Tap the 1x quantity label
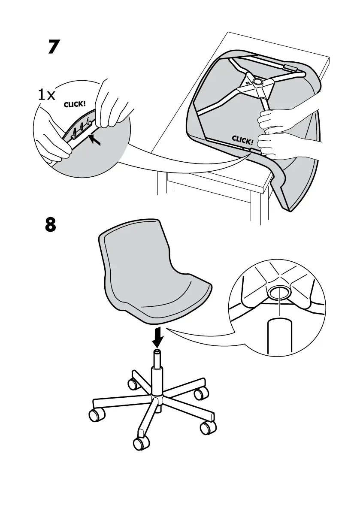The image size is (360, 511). (46, 95)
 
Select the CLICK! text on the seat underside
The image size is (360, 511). (243, 139)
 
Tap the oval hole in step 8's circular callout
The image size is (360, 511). (279, 293)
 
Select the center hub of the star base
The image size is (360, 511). (157, 399)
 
